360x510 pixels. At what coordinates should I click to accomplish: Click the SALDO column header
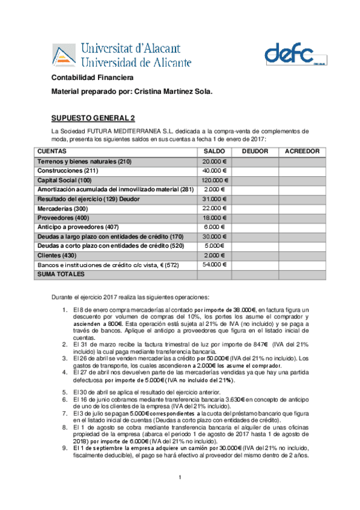214,151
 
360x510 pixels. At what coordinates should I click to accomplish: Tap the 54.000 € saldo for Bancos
214,264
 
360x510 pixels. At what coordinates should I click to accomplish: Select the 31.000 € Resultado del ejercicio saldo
214,198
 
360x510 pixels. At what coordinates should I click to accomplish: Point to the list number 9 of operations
66,448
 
